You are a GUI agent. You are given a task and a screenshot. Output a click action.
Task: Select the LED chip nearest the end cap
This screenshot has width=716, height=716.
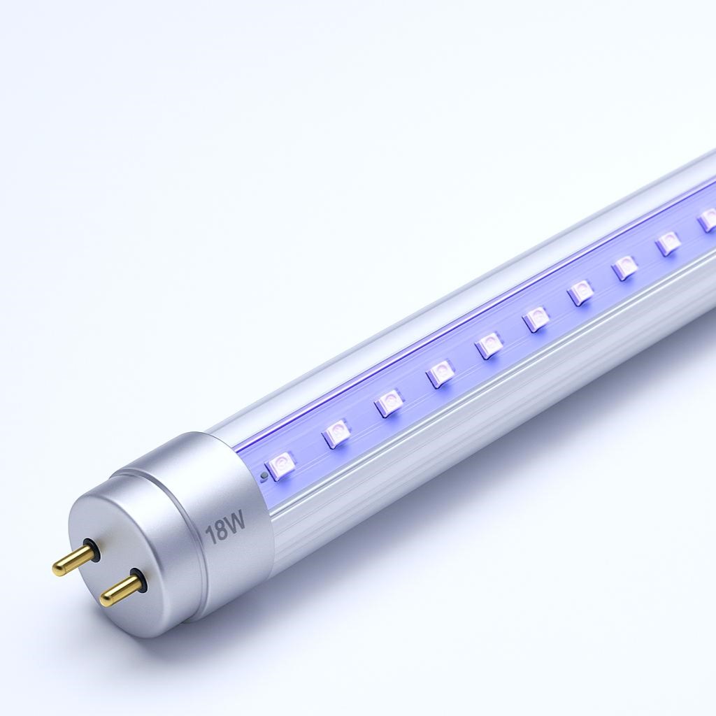pyautogui.click(x=282, y=464)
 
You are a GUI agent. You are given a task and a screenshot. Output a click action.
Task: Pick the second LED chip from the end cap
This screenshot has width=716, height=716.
pyautogui.click(x=337, y=434)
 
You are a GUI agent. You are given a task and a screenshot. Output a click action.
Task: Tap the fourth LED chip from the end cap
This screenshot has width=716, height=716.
pyautogui.click(x=441, y=373)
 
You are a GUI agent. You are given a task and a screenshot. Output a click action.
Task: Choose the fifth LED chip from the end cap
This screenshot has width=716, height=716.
pyautogui.click(x=489, y=345)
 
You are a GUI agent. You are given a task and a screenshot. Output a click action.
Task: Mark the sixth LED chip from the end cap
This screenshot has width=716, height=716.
pyautogui.click(x=537, y=319)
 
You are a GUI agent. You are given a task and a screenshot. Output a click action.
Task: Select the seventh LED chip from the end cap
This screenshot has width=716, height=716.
pyautogui.click(x=582, y=292)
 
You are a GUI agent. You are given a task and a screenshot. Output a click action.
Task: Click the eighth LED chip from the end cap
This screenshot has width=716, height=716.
pyautogui.click(x=625, y=267)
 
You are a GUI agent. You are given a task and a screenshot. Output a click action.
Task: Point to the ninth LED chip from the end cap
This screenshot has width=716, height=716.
pyautogui.click(x=668, y=243)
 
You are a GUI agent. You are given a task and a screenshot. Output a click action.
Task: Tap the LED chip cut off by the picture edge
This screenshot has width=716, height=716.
pyautogui.click(x=708, y=220)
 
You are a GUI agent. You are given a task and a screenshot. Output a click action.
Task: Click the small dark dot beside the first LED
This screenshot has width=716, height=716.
pyautogui.click(x=263, y=477)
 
